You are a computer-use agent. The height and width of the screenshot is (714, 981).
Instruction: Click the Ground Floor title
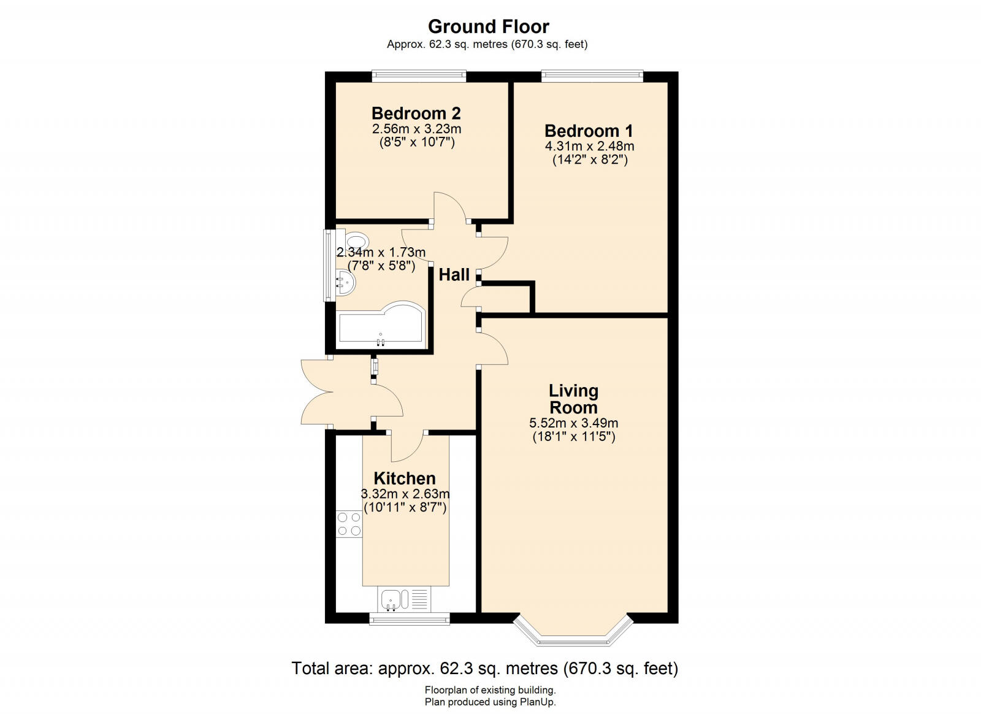pyautogui.click(x=488, y=26)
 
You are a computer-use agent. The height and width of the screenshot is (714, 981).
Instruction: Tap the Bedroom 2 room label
pyautogui.click(x=416, y=113)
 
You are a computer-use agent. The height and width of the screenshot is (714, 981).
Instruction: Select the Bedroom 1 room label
pyautogui.click(x=589, y=131)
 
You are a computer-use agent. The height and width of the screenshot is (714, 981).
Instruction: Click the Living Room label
pyautogui.click(x=573, y=399)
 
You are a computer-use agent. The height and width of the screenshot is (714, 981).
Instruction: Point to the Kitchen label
pyautogui.click(x=405, y=478)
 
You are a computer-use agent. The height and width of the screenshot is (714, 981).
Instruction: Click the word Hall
pyautogui.click(x=454, y=275)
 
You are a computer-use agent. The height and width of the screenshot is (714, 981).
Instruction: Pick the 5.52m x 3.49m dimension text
pyautogui.click(x=573, y=423)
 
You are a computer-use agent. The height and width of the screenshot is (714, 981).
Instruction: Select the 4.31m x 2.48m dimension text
pyautogui.click(x=589, y=147)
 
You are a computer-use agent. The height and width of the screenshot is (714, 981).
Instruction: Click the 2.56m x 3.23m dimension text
pyautogui.click(x=416, y=129)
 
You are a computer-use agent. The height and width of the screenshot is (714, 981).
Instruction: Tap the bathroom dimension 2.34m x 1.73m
pyautogui.click(x=381, y=252)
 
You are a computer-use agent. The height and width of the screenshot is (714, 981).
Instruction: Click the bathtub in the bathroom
pyautogui.click(x=380, y=325)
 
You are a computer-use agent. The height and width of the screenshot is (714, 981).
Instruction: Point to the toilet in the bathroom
pyautogui.click(x=354, y=241)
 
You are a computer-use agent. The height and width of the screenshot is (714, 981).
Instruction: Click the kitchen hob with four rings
pyautogui.click(x=348, y=524)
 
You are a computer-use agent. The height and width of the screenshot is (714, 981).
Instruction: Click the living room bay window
pyautogui.click(x=573, y=635)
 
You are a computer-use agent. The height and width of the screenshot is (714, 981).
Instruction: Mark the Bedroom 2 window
pyautogui.click(x=419, y=76)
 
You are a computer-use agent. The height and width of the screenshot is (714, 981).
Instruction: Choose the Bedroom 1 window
pyautogui.click(x=592, y=76)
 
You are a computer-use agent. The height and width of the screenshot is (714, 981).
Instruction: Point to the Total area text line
pyautogui.click(x=484, y=668)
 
